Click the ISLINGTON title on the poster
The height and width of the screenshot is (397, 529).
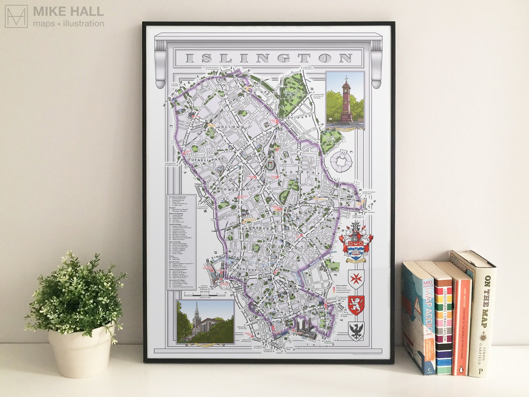[269, 58]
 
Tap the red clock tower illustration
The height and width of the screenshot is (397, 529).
[346, 100]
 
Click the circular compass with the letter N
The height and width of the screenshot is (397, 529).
[341, 161]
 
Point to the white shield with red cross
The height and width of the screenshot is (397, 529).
[356, 278]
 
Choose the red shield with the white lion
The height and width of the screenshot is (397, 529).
[356, 305]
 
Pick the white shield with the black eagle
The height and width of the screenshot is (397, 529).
[356, 331]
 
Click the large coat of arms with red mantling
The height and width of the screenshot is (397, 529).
[356, 242]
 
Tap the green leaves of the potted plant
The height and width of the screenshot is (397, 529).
[76, 294]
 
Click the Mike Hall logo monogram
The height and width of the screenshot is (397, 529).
[16, 16]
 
